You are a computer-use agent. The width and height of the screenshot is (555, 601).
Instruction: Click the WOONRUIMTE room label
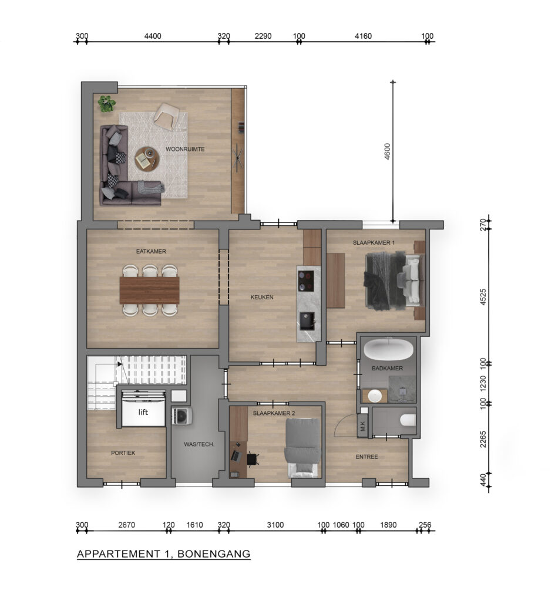click(185, 149)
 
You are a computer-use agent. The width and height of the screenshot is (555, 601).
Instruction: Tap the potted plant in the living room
click(106, 103)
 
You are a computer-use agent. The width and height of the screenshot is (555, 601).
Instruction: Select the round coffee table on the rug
click(146, 159)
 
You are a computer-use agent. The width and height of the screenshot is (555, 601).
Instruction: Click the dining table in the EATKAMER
click(150, 290)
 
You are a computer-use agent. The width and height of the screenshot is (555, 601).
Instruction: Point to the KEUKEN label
click(262, 297)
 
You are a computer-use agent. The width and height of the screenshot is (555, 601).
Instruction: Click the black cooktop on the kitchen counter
click(306, 281)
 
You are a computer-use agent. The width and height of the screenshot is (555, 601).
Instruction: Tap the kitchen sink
click(307, 321)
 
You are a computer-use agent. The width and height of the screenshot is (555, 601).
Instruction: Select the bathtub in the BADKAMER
click(389, 349)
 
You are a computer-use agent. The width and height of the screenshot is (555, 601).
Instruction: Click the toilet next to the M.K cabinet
click(408, 420)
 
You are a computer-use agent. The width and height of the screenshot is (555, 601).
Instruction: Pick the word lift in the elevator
click(143, 413)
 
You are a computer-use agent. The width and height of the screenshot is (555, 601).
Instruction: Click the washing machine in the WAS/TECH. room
click(182, 416)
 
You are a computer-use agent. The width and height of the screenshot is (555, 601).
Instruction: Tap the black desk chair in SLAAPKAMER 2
click(252, 458)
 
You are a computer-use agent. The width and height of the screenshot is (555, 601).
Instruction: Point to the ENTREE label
click(366, 457)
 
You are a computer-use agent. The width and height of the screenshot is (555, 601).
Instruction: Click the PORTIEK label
click(123, 453)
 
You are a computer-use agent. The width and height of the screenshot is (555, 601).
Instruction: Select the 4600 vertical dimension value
click(388, 151)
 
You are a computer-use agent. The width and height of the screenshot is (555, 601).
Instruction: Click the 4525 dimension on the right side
click(483, 297)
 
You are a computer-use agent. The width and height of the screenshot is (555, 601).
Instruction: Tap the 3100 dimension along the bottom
click(275, 525)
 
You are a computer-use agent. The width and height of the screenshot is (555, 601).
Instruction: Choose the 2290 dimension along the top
click(263, 36)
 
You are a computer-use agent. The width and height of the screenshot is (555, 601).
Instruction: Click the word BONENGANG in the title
click(214, 554)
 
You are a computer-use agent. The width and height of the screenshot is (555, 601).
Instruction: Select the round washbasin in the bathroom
click(375, 396)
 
